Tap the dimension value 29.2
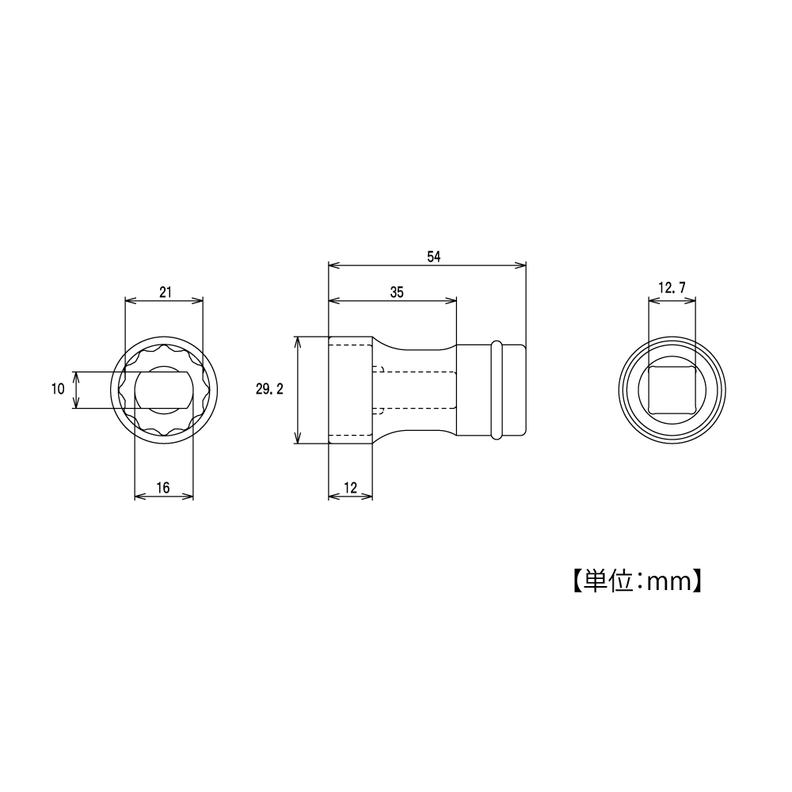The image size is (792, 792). tap(270, 390)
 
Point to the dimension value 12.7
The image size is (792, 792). tap(672, 289)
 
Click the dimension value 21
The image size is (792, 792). tap(165, 291)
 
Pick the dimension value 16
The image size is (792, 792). tap(163, 488)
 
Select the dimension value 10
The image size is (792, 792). tap(57, 390)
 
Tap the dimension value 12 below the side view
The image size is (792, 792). tap(350, 488)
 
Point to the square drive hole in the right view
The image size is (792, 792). tap(672, 390)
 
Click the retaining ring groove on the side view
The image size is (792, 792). tap(496, 390)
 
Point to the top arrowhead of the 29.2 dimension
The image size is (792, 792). tap(299, 341)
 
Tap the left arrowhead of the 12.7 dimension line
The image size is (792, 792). tap(653, 300)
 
